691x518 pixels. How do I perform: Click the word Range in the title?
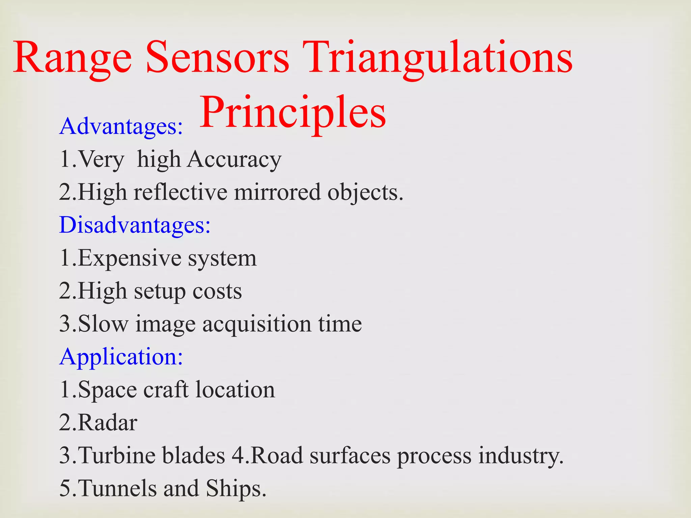pos(72,58)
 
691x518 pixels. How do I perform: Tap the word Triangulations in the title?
pos(440,58)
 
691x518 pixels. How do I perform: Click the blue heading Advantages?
pos(121,126)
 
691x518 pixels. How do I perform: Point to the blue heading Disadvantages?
pos(135,225)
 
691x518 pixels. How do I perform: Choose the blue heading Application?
pos(121,357)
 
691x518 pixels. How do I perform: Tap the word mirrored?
pos(277,192)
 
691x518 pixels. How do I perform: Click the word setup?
pos(160,291)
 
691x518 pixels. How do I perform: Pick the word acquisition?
pos(257,324)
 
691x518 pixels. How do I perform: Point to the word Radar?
pos(107,423)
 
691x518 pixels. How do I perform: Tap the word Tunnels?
pos(117,488)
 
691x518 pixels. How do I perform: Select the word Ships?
pos(236,488)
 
